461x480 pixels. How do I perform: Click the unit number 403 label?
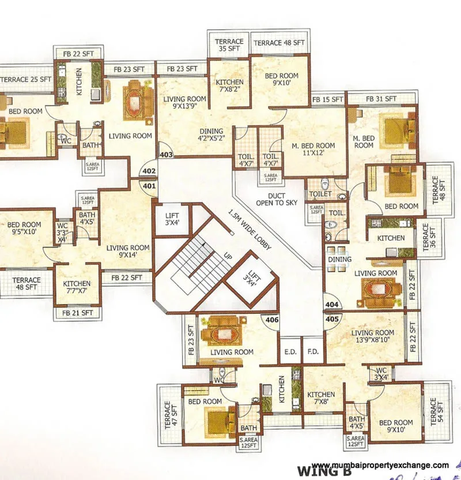pyautogui.click(x=166, y=155)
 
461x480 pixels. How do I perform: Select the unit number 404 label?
pyautogui.click(x=331, y=304)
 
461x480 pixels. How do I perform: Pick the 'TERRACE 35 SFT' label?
pyautogui.click(x=228, y=46)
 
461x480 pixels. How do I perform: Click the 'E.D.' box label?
pyautogui.click(x=289, y=351)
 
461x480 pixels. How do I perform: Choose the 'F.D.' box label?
pyautogui.click(x=313, y=351)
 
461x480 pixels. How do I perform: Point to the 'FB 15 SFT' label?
pyautogui.click(x=327, y=100)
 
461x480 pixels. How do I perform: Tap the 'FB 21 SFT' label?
pyautogui.click(x=77, y=313)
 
